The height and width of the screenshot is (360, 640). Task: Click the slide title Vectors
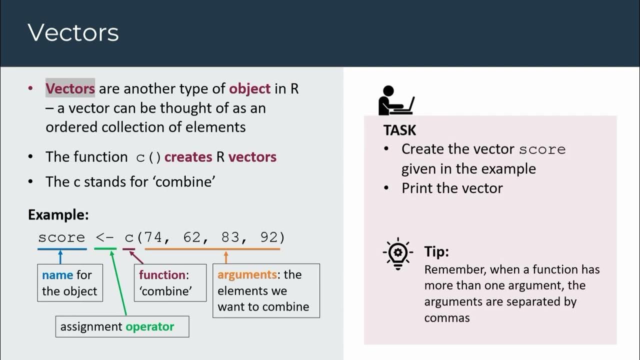tap(73, 33)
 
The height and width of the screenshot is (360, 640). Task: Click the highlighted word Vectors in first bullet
tap(70, 89)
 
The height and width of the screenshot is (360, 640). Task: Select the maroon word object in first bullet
tap(249, 89)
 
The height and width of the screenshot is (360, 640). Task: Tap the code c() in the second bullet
tap(148, 157)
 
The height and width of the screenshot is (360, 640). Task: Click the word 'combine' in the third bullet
tap(185, 181)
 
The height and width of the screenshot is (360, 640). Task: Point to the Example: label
tap(58, 215)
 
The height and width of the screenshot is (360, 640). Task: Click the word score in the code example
tap(61, 237)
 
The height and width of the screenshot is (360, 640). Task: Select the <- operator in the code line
tap(105, 237)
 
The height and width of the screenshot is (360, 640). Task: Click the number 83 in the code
tap(230, 237)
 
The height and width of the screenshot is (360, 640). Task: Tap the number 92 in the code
tap(270, 237)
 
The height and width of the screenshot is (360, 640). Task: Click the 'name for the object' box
tap(70, 283)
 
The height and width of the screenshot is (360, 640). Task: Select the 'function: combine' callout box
tap(170, 283)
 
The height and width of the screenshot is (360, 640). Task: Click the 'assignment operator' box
tap(122, 326)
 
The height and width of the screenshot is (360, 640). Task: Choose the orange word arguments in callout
tap(247, 274)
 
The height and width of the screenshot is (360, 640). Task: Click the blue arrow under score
tap(60, 257)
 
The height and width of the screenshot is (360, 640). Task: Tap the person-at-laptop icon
tap(396, 100)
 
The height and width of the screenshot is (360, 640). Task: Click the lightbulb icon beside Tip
tap(397, 253)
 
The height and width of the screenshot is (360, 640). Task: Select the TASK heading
tap(399, 130)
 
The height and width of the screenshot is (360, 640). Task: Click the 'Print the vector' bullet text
tap(452, 188)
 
